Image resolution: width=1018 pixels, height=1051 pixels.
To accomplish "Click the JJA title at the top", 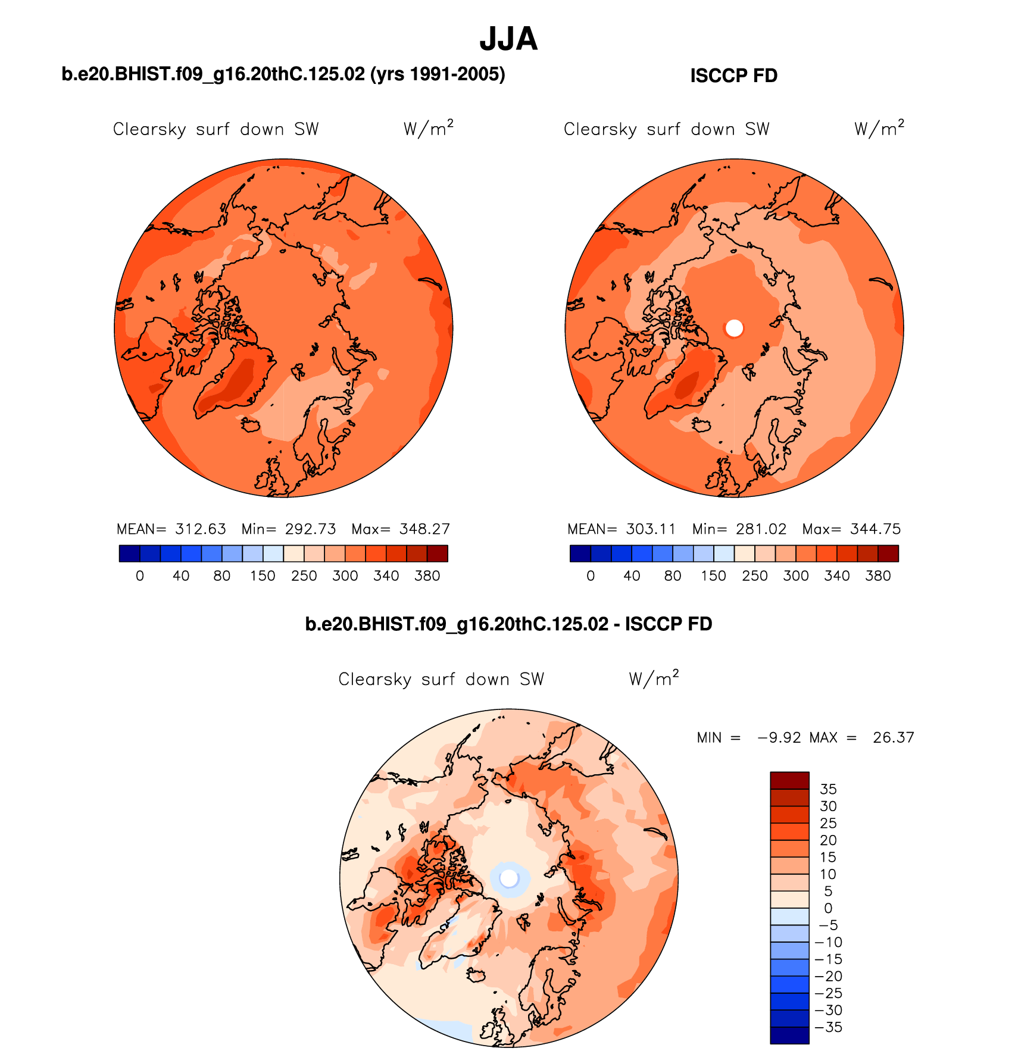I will (508, 39).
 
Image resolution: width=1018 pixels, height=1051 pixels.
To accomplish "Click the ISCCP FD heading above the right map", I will (733, 76).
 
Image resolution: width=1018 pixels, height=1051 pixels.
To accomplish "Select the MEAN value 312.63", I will (201, 529).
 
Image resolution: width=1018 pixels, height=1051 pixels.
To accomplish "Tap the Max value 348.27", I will (424, 529).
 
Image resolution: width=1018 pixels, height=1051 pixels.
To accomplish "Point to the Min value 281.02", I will (761, 529).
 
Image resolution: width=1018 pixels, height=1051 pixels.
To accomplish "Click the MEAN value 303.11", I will (651, 529).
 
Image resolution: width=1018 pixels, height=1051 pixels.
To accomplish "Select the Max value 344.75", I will (875, 529).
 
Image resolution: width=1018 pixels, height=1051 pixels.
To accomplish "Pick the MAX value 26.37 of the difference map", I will (893, 737).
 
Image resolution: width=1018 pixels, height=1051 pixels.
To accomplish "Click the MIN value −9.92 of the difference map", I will (779, 737).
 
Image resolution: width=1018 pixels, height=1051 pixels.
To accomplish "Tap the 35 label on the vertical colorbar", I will (828, 789).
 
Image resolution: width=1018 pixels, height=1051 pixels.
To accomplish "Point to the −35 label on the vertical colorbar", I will (828, 1027).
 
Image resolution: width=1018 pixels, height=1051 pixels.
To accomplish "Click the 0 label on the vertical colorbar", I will (828, 908).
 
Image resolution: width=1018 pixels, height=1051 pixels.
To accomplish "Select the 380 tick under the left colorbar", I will (427, 575).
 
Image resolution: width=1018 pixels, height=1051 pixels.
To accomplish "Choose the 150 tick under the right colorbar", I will (713, 575).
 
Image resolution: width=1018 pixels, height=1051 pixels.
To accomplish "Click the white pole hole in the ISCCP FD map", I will (734, 327).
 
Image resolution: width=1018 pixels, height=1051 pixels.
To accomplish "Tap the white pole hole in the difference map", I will (509, 877).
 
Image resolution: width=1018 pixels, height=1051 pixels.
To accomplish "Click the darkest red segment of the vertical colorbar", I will (789, 780).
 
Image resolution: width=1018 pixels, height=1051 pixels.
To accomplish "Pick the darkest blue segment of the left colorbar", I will (129, 553).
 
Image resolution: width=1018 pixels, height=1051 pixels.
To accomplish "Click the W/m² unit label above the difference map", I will (654, 678).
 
